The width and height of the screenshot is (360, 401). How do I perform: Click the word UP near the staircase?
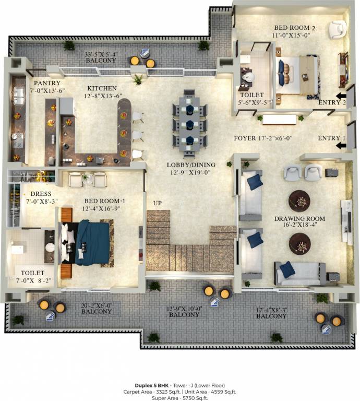(x=158, y=203)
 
